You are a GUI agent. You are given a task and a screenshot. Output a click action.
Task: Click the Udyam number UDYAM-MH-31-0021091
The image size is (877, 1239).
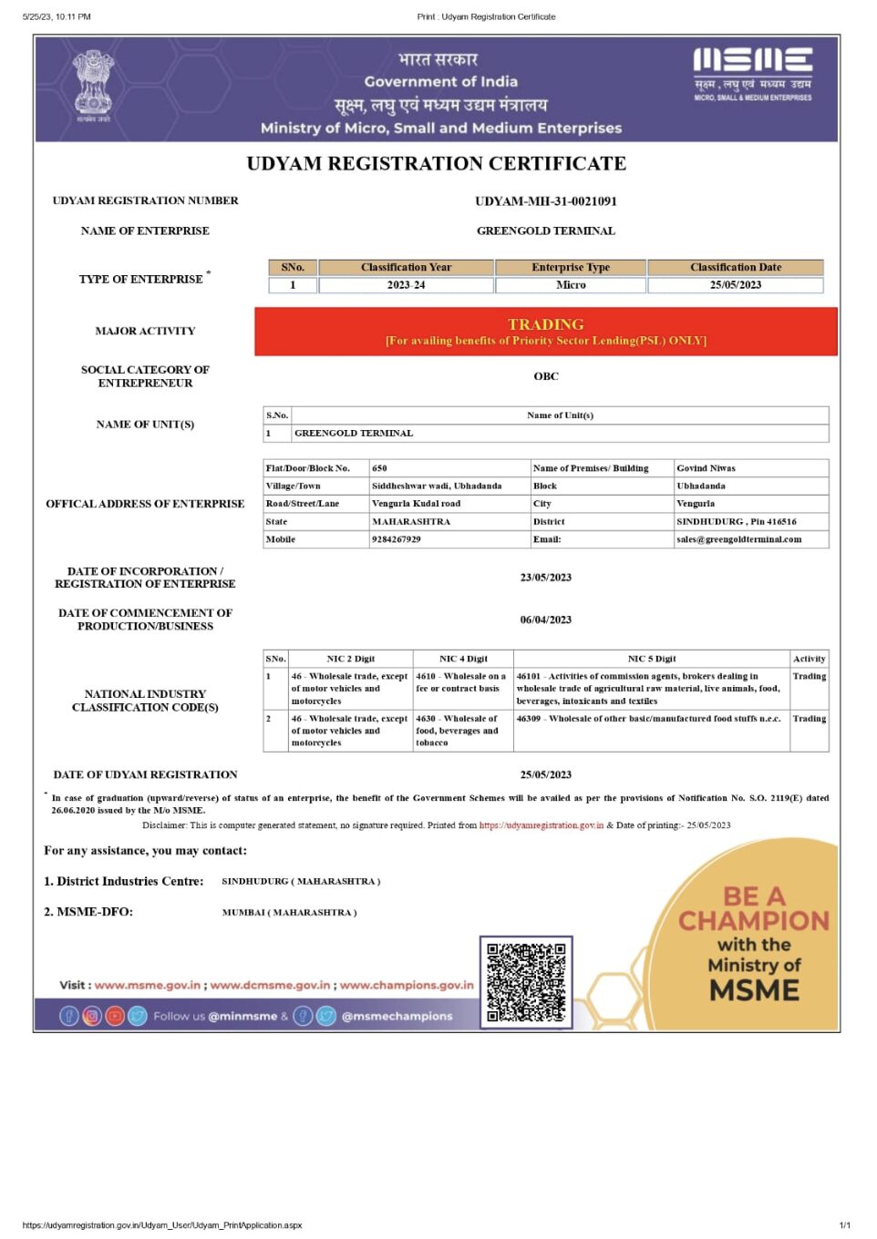pos(545,201)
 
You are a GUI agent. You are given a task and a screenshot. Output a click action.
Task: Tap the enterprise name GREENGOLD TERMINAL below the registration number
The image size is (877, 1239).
pos(545,231)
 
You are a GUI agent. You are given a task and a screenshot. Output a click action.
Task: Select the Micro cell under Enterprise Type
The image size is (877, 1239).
pos(571,285)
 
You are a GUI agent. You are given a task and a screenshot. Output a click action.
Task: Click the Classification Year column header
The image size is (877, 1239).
pos(406,268)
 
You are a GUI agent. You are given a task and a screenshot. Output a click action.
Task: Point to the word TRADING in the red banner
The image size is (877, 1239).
pos(545,324)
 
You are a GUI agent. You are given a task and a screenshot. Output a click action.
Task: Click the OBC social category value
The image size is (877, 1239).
pos(545,376)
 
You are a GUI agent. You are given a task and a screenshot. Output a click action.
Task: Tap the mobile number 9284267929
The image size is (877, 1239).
pos(397,539)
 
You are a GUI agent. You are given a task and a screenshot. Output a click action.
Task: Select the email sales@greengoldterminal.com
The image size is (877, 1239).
pos(738,539)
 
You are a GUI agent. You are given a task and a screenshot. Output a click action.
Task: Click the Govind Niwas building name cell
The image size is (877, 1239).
pos(706,468)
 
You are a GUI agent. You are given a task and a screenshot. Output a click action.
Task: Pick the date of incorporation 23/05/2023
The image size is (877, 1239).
pos(545,578)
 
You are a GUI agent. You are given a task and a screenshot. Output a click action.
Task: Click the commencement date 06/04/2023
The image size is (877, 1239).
pos(545,620)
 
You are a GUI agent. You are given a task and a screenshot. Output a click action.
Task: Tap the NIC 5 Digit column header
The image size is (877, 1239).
pos(652,659)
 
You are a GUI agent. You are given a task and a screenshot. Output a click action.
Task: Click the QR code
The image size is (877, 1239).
pos(526,982)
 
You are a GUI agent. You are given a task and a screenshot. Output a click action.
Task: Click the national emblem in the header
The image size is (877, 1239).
pos(93,83)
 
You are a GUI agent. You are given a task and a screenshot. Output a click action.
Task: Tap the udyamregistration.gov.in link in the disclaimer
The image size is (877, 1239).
pos(541,825)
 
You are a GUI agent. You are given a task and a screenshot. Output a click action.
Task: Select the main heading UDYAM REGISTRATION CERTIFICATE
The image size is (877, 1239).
pos(436,164)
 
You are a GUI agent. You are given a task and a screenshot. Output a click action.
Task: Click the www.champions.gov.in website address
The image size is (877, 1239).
pos(407,985)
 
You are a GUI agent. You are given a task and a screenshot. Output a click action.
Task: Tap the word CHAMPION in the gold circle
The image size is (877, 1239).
pos(754,921)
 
